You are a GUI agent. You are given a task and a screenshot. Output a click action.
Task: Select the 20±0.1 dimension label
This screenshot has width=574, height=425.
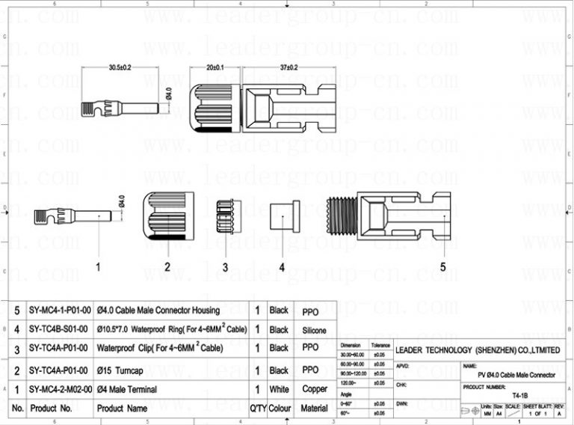tap(216, 67)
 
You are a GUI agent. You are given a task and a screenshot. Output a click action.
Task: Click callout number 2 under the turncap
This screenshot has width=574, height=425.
tap(167, 266)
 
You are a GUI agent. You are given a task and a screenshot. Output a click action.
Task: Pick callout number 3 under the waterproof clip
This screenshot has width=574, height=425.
tap(226, 266)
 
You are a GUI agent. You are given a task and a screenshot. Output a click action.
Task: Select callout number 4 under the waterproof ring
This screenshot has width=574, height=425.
tap(282, 266)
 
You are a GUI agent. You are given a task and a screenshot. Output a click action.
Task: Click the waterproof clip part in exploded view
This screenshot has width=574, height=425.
tap(226, 217)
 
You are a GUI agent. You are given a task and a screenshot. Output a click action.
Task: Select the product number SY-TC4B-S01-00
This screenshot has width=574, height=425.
tap(60, 329)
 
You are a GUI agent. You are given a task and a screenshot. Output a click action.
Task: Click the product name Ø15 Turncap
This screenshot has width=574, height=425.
tap(123, 370)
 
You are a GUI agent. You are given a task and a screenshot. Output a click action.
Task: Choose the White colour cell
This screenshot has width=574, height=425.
tap(279, 389)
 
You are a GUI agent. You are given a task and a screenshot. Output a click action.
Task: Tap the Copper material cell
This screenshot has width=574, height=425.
tap(314, 389)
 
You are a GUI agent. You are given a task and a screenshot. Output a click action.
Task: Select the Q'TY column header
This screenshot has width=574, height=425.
tap(258, 409)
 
